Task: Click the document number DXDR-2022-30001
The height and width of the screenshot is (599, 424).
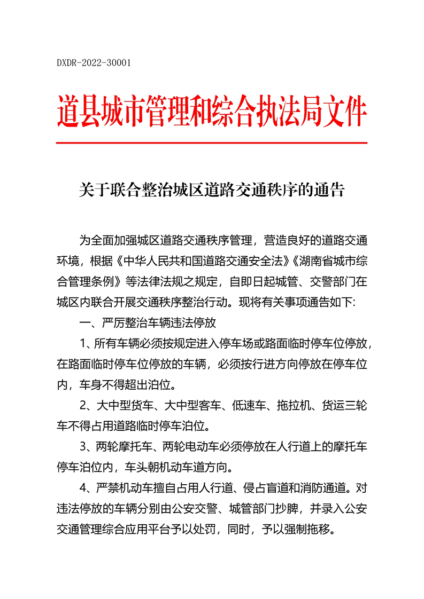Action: tap(94, 63)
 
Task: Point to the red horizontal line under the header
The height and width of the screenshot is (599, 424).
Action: tap(212, 143)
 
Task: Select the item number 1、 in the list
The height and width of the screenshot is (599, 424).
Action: tap(87, 343)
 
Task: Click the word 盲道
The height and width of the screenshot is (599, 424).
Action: tap(270, 487)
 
